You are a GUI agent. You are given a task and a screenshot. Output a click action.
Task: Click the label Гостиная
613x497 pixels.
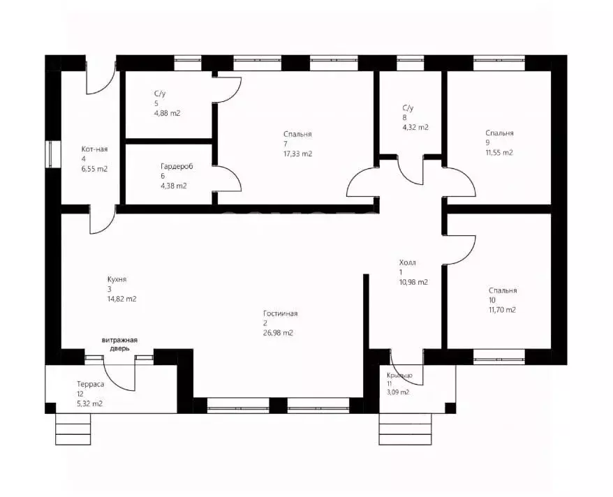tap(280, 313)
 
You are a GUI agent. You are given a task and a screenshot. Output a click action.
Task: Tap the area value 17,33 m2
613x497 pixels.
tap(297, 154)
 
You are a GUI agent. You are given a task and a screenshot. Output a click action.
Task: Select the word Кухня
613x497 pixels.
tap(117, 280)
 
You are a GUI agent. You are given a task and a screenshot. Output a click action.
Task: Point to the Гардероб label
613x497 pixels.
tap(177, 166)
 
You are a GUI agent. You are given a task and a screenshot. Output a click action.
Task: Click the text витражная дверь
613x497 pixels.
tap(119, 344)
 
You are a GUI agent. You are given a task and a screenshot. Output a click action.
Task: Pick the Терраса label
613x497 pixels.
tap(91, 384)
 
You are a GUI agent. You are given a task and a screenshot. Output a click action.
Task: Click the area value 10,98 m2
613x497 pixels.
tap(413, 282)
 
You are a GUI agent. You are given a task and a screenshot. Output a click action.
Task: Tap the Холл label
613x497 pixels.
tap(407, 262)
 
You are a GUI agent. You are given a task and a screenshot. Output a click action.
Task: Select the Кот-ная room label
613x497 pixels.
tap(95, 149)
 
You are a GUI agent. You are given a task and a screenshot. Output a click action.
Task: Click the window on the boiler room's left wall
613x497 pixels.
tap(53, 154)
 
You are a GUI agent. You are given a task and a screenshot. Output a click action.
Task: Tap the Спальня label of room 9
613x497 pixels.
tap(500, 133)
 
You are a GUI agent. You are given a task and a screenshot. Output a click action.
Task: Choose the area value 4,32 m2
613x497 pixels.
tap(415, 127)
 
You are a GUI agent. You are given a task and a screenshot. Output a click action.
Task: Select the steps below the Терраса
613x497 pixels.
tap(73, 429)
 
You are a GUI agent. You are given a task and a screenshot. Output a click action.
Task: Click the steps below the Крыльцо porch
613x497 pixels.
tap(406, 429)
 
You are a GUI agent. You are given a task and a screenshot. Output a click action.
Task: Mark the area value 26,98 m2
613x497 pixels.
tap(278, 333)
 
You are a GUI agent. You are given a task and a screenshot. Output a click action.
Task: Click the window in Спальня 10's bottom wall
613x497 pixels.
tap(498, 357)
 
